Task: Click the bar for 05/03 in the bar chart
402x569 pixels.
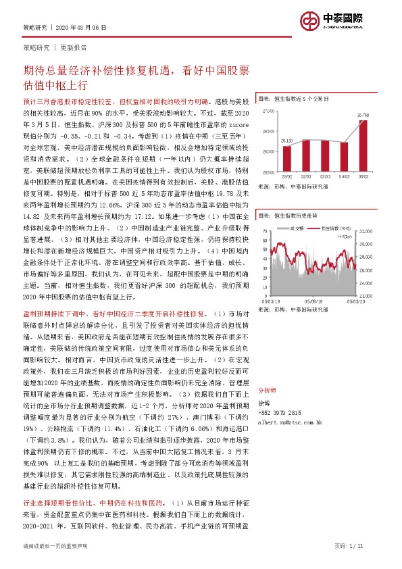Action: pos(363,146)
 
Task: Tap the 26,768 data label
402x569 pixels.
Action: pos(363,116)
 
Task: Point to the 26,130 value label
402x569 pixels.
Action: pos(286,141)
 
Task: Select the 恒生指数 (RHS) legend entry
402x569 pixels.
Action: pos(335,228)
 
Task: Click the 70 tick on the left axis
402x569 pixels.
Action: pos(266,231)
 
